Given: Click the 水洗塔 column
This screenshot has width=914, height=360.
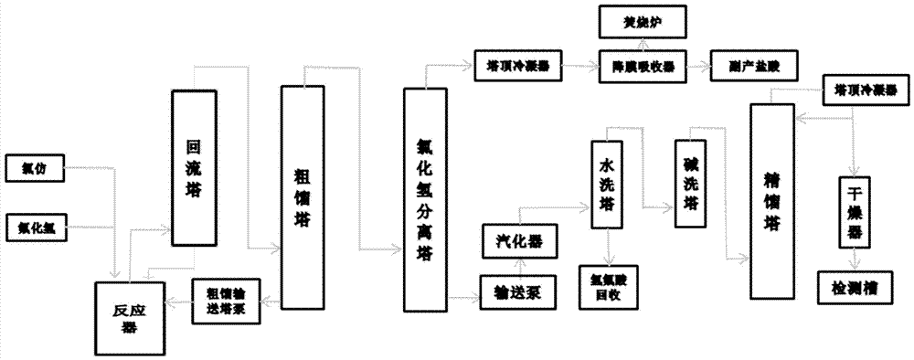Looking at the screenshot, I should coord(607,187).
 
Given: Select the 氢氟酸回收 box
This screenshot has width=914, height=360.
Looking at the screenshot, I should coord(610,285).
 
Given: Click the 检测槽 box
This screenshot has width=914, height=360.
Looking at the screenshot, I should coord(855,285).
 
